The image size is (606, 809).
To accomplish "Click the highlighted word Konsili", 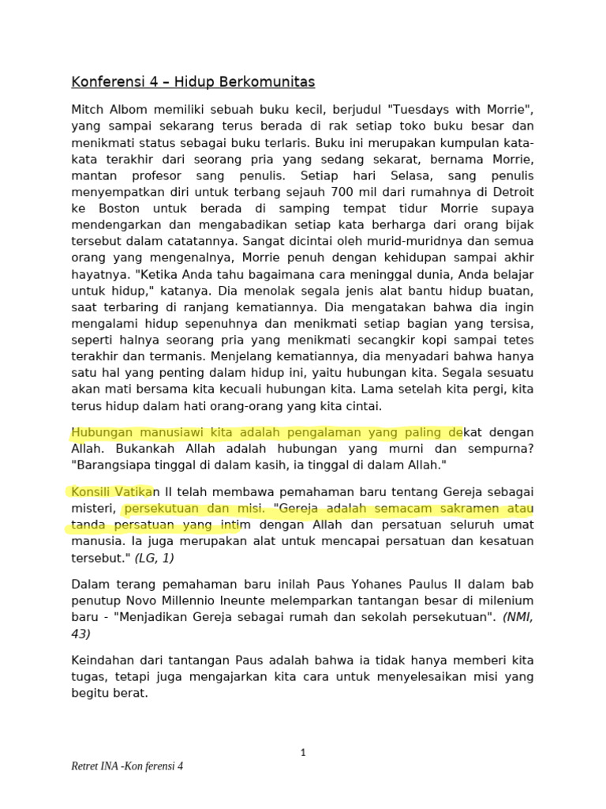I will click(92, 491).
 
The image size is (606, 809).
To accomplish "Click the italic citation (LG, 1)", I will click(155, 559).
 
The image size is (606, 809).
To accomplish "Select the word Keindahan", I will click(105, 660).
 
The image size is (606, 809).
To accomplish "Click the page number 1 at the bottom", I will click(303, 752).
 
